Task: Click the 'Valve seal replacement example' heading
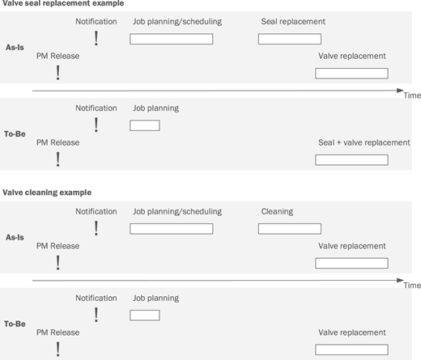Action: [x=63, y=3]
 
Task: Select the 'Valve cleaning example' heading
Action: [x=47, y=193]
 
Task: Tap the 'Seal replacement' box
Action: [x=290, y=39]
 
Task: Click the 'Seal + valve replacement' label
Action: [x=364, y=142]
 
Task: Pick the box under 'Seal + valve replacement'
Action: [x=351, y=160]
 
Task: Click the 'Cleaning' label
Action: [x=277, y=211]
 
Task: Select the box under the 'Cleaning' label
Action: [x=290, y=229]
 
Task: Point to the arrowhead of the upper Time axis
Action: [x=401, y=91]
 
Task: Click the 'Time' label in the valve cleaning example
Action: [x=412, y=286]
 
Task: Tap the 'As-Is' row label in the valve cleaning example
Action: [x=15, y=237]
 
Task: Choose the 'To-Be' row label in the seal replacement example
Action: [x=15, y=133]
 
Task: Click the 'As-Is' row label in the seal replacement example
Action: [x=15, y=48]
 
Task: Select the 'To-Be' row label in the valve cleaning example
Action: [x=15, y=324]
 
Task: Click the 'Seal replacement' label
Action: [x=293, y=22]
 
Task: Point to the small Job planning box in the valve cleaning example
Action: [x=145, y=316]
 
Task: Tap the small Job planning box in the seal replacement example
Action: [x=145, y=125]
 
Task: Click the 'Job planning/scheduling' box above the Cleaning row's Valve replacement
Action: [x=172, y=229]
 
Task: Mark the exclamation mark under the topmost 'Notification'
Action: [x=96, y=38]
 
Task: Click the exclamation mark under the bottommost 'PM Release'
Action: [x=57, y=349]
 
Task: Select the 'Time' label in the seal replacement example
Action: [x=412, y=95]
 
